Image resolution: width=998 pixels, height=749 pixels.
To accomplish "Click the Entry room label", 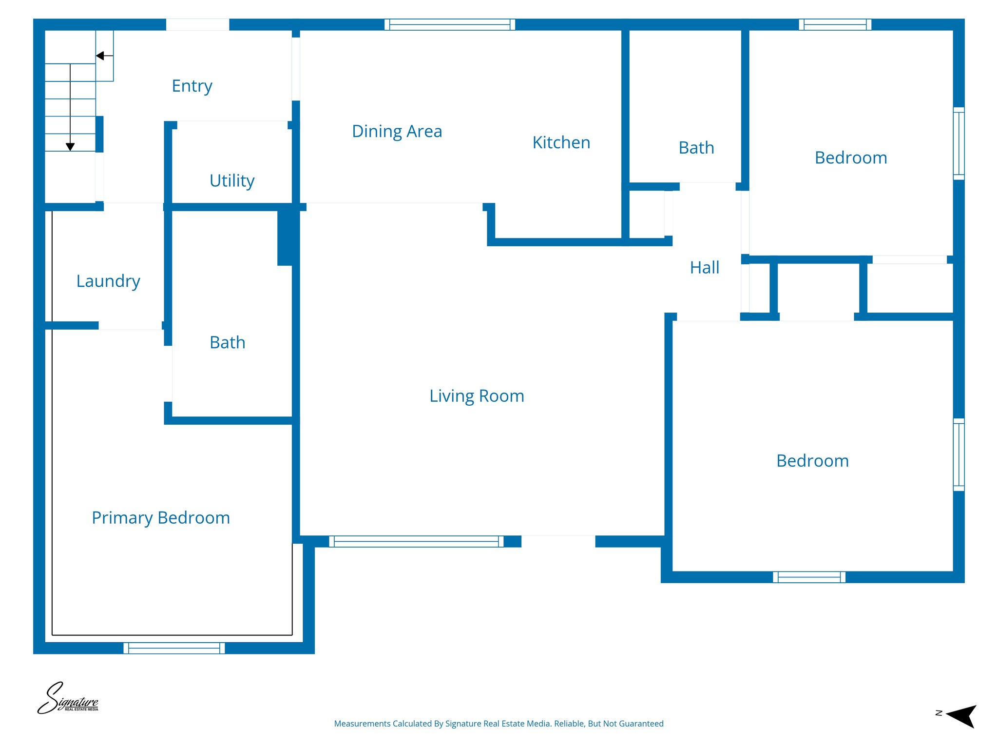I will click(192, 86).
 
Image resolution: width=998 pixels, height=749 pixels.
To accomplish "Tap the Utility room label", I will click(232, 181).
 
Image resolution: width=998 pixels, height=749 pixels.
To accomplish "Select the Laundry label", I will click(108, 281).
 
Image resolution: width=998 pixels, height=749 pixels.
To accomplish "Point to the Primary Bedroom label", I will click(161, 518).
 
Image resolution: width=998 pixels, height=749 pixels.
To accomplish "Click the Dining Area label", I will click(397, 132).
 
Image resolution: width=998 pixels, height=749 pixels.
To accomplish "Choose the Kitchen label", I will click(561, 143).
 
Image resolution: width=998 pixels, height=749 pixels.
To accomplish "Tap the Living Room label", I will click(477, 396).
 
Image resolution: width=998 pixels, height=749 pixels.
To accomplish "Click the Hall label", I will click(704, 268).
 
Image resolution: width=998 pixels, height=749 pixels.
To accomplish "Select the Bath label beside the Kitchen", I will click(696, 148).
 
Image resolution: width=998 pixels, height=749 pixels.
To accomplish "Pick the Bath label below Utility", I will click(227, 343).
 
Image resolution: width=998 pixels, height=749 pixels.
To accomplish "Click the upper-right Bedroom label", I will click(850, 158).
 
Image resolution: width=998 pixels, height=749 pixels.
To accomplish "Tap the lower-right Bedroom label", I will click(812, 461).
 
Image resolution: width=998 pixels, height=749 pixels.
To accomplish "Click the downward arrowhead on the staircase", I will click(70, 147).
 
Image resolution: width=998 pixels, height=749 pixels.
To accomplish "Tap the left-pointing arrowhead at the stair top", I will click(100, 56).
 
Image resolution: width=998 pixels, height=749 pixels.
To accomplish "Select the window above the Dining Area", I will click(449, 24).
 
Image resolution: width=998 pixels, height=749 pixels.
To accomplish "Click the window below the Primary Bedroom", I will click(174, 648).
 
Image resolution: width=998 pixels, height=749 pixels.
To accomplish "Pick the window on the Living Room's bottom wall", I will click(416, 541).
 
